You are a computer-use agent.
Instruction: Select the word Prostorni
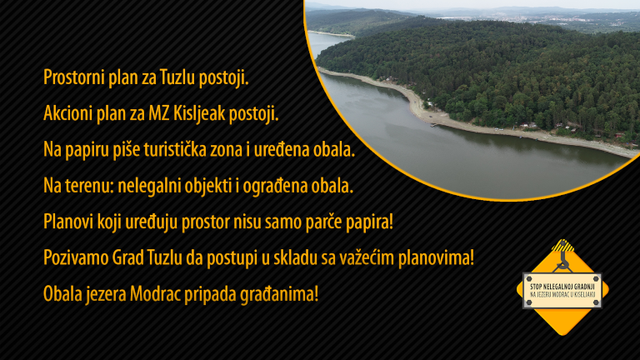coord(73,77)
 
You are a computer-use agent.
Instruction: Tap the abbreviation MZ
coord(159,113)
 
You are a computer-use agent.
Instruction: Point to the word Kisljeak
coord(199,113)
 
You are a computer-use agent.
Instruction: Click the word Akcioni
coord(67,113)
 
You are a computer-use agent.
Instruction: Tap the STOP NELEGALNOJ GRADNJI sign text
coord(562,286)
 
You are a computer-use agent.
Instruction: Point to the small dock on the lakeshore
coord(435,125)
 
